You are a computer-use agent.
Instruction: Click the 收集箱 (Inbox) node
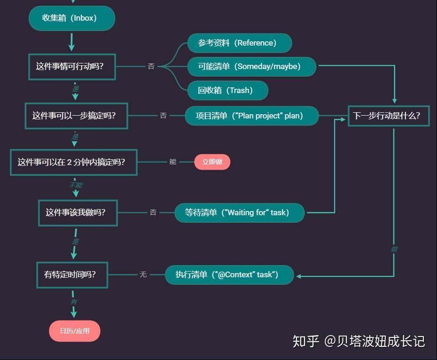pos(71,18)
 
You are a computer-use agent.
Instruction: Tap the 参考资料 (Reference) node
pos(239,43)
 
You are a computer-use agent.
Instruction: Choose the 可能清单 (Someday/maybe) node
pos(251,66)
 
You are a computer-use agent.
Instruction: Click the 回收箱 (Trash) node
pos(227,90)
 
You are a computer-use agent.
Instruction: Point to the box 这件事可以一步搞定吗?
pos(76,116)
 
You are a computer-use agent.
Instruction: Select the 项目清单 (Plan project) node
pos(251,116)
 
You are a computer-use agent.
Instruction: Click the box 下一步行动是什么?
pos(388,116)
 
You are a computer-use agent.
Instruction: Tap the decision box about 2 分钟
pos(73,162)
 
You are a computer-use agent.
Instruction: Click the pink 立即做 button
pos(212,162)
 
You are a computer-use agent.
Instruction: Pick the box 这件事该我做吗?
pos(78,212)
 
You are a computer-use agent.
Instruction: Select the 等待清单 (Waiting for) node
pos(239,212)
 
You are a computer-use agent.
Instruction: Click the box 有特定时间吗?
pos(72,274)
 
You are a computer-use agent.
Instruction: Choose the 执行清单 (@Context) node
pos(229,274)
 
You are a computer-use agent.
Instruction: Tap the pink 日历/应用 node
pos(74,331)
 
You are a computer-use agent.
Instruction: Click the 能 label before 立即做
pos(172,162)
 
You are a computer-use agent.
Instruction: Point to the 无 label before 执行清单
pos(143,274)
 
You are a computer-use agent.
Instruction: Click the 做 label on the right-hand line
pos(394,249)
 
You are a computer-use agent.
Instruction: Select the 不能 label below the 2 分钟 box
pos(76,185)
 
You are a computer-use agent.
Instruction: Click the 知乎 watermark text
pos(305,341)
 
